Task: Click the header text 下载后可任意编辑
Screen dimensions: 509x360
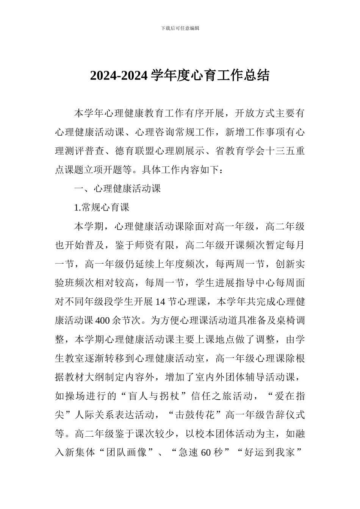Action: pos(180,28)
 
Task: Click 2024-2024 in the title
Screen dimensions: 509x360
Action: pos(118,75)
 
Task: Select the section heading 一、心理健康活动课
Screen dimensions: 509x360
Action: pos(117,189)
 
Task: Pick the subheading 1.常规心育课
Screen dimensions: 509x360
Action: pos(102,207)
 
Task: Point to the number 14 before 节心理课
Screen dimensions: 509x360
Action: pos(160,302)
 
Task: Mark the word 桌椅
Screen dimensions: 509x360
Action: pos(280,321)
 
